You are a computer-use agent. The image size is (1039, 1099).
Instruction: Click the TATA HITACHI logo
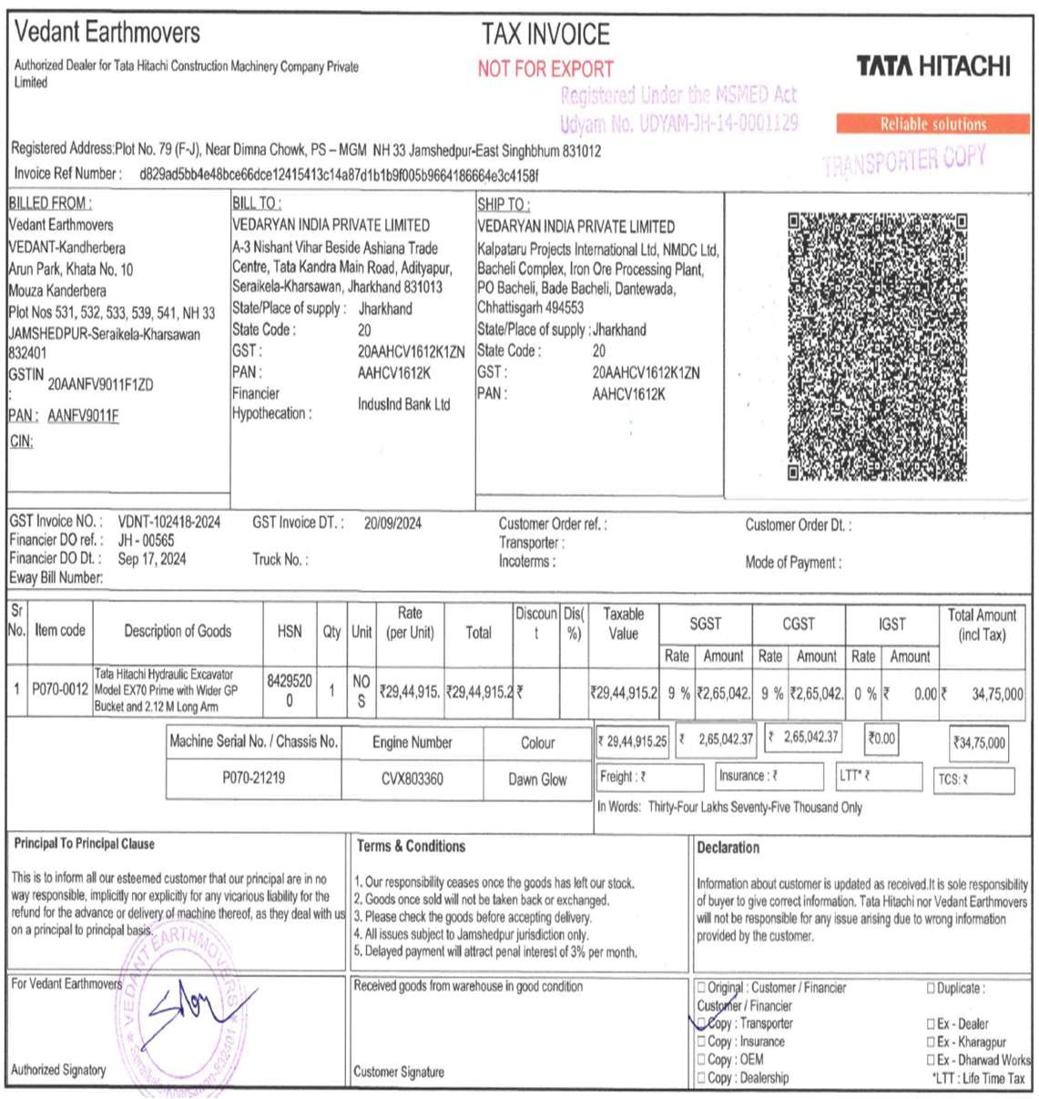pos(932,66)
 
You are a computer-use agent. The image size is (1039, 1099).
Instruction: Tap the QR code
pos(876,346)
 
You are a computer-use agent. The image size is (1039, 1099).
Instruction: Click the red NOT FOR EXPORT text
pos(545,69)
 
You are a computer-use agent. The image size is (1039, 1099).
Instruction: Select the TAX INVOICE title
pos(545,35)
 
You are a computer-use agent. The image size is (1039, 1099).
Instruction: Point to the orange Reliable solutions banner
pos(932,124)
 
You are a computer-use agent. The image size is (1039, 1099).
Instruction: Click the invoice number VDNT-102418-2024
pos(169,522)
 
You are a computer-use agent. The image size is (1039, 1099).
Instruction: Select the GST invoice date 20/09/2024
pos(392,524)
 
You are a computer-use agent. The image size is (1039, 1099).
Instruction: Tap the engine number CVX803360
pos(412,779)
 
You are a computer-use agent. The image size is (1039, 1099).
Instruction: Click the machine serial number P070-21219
pos(253,778)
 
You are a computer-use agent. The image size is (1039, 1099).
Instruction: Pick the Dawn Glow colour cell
pos(537,779)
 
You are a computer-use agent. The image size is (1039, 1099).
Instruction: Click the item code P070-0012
pos(60,690)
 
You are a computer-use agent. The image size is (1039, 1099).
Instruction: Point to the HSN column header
pos(290,631)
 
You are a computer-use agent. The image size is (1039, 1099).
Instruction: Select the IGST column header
pos(891,624)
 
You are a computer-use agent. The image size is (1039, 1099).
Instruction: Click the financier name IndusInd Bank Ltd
pos(403,404)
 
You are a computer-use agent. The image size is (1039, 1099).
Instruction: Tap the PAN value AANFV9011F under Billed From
pos(83,416)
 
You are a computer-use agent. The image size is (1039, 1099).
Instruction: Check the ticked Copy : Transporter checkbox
pos(701,1023)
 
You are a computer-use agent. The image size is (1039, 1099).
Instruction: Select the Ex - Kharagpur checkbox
pos(931,1042)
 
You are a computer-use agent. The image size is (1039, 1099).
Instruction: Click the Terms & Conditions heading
pos(411,846)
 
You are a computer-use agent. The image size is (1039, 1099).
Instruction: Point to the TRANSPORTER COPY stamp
pos(903,161)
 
